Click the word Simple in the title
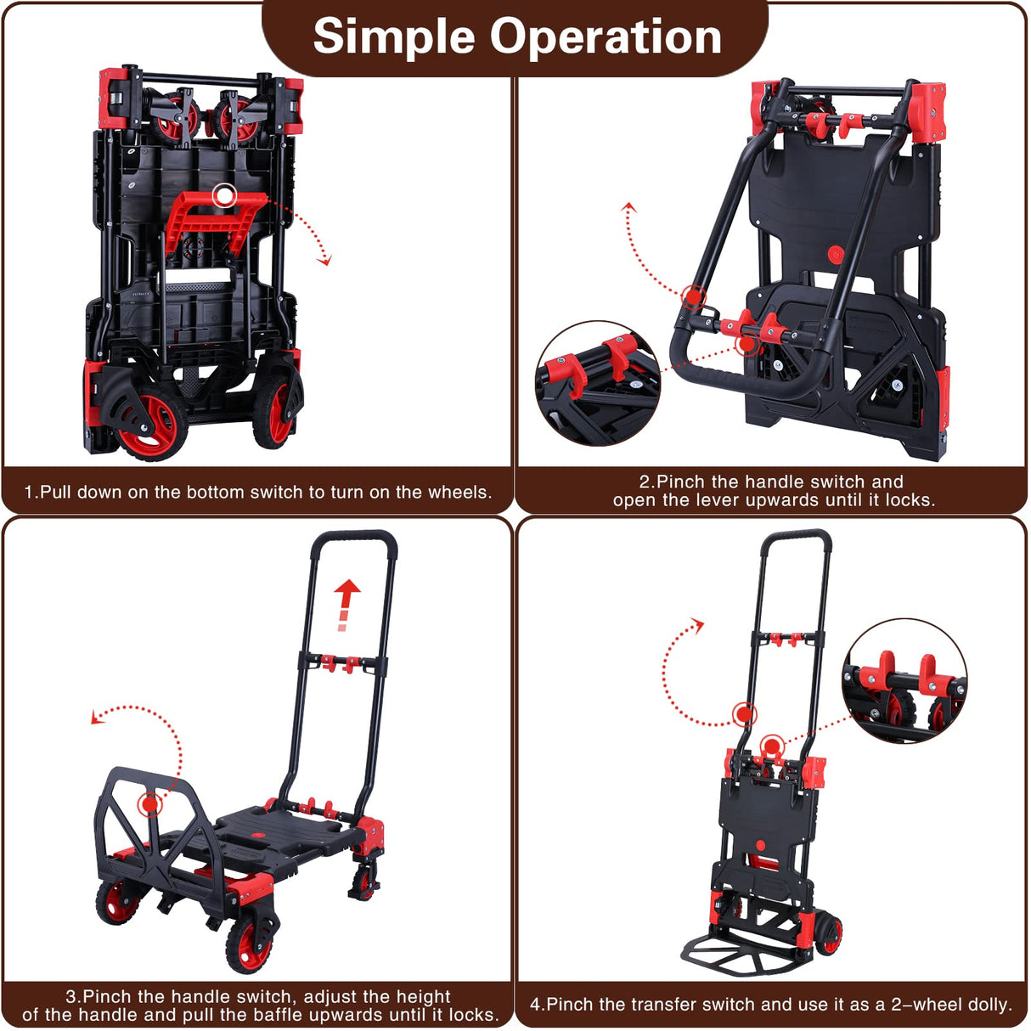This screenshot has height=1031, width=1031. click(394, 37)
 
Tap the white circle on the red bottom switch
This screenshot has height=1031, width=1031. click(224, 196)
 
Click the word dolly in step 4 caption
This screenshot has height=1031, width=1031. click(989, 1005)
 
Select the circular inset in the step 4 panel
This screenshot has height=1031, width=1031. click(904, 681)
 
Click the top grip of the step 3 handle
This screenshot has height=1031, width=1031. click(354, 537)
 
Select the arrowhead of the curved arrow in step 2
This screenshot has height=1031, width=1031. click(628, 207)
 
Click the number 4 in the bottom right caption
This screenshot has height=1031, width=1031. click(535, 1005)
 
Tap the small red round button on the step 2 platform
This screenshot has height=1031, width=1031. click(835, 255)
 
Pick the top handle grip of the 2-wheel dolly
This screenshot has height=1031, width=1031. click(795, 537)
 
